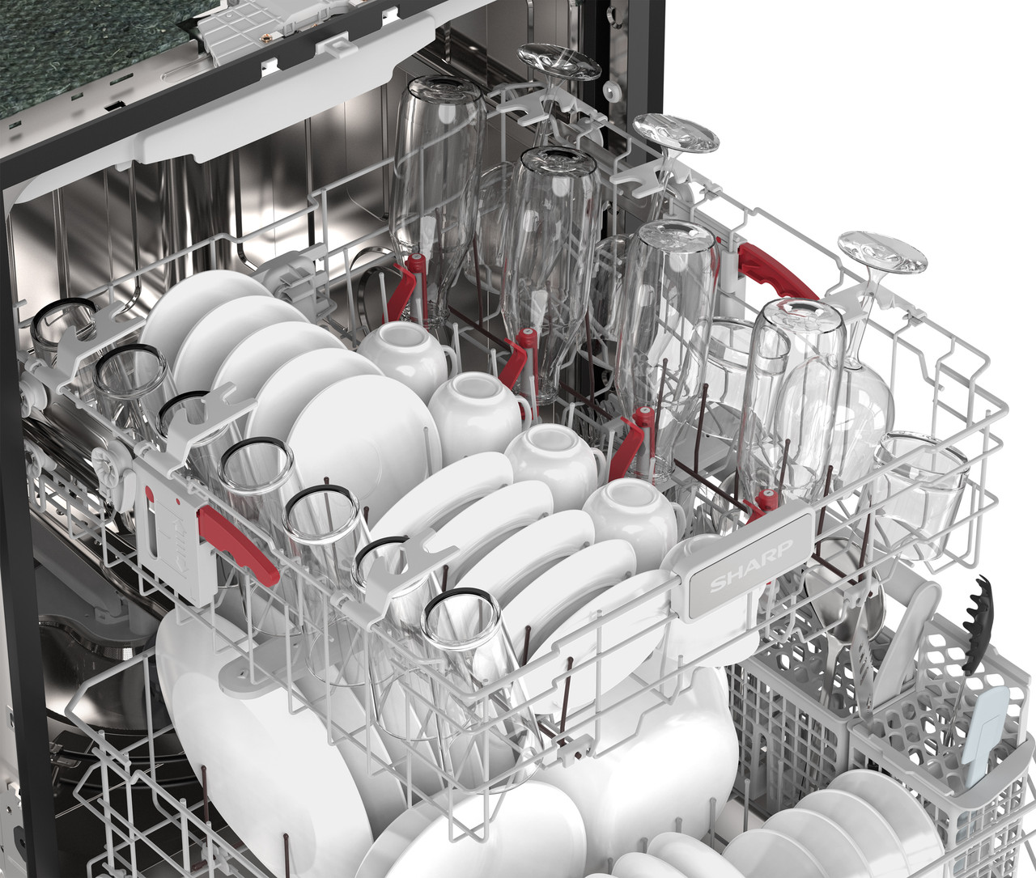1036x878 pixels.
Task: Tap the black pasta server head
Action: [977, 625]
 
